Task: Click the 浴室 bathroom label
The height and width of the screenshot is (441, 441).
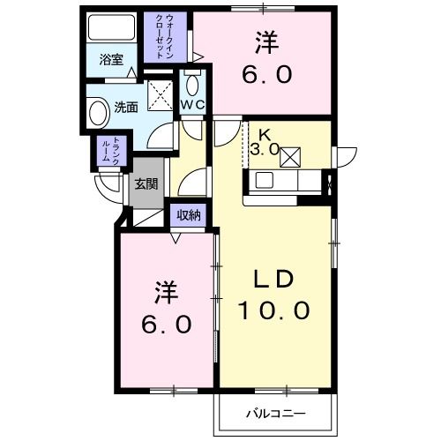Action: pos(110,60)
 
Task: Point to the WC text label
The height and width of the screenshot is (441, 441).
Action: pos(193,105)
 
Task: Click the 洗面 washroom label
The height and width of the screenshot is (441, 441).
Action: pos(126,108)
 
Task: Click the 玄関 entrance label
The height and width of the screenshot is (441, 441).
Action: pos(146,184)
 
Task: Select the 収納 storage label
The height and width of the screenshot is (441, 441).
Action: pos(188,214)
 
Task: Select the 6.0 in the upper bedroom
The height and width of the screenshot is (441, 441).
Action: pos(266,75)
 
